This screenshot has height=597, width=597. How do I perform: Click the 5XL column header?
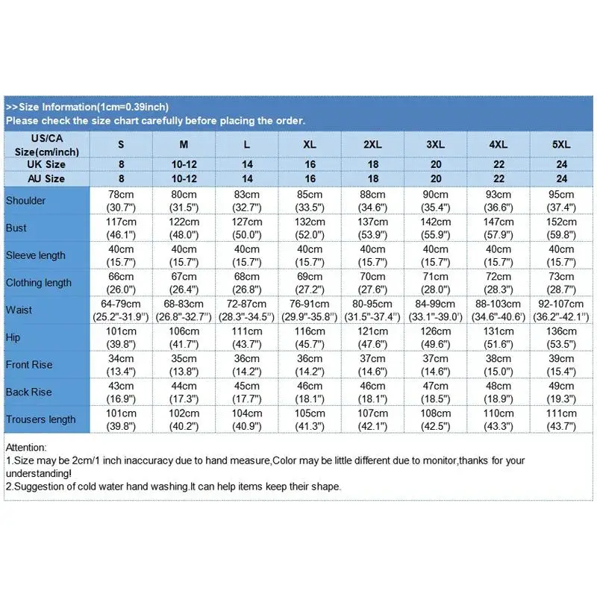(562, 144)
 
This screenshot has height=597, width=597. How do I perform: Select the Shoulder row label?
(25, 201)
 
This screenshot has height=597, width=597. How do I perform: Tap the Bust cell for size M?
(184, 228)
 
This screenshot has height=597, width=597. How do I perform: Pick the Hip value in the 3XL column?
(436, 337)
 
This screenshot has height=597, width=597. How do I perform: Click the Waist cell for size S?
(121, 310)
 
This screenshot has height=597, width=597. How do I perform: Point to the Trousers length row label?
(40, 419)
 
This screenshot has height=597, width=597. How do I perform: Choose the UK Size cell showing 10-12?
(184, 165)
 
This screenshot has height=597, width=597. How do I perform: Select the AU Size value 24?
(562, 179)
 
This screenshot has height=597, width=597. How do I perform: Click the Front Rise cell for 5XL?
(562, 365)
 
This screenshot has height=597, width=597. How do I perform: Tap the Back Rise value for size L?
(247, 392)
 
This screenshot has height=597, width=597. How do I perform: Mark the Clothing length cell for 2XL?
(373, 283)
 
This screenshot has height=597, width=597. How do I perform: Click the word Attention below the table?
(25, 447)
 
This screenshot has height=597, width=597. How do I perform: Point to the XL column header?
(310, 144)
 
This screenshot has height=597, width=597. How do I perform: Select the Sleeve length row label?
(35, 255)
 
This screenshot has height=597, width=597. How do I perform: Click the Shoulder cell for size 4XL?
(499, 201)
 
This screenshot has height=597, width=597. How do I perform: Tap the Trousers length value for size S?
(121, 419)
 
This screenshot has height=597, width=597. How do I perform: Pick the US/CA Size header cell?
(46, 144)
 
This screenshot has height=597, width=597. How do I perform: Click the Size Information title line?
(87, 107)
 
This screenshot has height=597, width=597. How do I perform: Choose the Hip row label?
(13, 337)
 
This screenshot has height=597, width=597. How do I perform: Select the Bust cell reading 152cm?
(562, 228)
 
